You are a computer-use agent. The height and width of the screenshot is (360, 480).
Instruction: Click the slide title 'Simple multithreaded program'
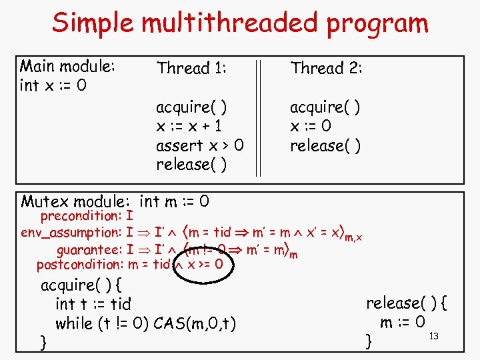[240, 23]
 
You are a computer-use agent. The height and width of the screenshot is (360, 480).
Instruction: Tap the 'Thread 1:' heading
[191, 68]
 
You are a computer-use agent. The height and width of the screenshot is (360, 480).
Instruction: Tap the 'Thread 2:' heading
[326, 68]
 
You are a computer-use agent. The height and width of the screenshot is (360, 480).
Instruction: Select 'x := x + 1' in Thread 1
[189, 126]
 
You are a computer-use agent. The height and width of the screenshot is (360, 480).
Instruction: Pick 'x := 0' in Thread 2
[311, 126]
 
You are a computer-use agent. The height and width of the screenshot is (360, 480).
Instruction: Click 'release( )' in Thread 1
[191, 164]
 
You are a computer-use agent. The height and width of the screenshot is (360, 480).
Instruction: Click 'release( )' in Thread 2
[325, 145]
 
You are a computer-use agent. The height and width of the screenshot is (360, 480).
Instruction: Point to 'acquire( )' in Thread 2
[325, 107]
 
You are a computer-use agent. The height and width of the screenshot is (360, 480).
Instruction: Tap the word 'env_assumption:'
[71, 233]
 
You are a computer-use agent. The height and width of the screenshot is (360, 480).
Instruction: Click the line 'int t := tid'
[93, 305]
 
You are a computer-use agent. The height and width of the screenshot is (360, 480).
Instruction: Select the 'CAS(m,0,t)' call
[195, 324]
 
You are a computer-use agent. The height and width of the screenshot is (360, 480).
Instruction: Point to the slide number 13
[433, 335]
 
